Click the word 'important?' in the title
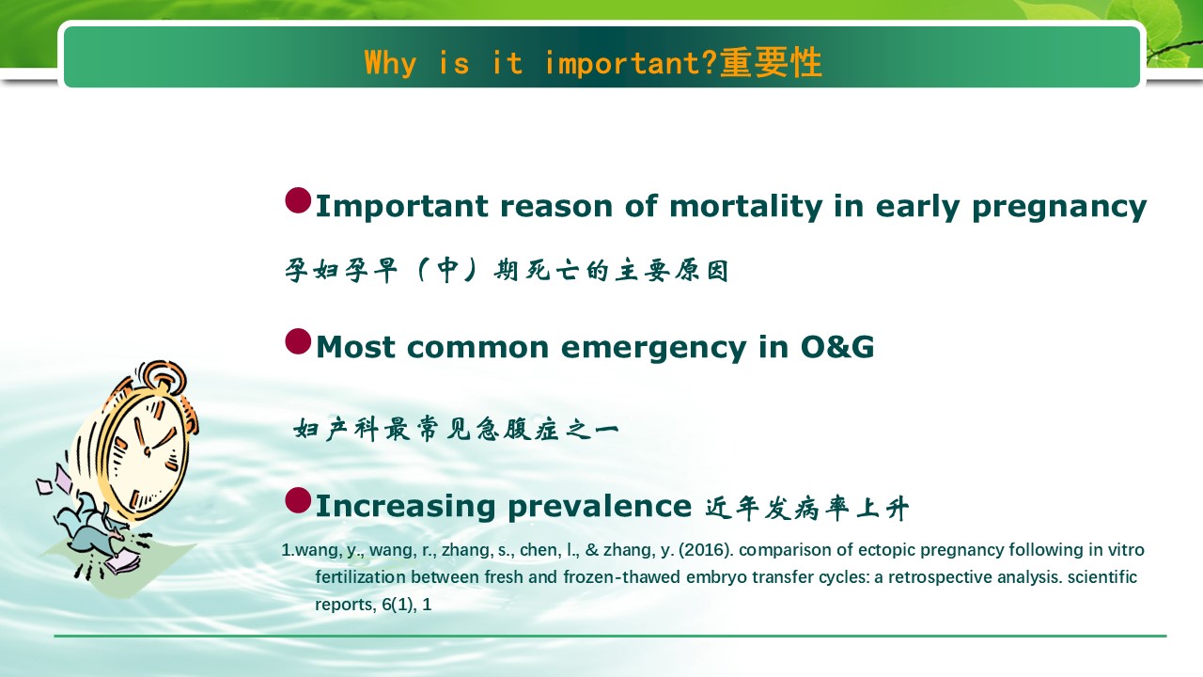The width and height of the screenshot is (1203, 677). coord(632,63)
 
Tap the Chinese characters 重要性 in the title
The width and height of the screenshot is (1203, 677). coord(771,62)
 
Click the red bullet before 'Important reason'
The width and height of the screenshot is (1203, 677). coord(298,200)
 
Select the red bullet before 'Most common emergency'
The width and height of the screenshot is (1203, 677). coord(298,341)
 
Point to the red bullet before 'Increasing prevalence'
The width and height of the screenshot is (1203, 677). coord(298,501)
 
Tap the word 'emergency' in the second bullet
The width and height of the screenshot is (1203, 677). coord(653,348)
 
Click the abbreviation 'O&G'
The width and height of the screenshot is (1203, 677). coord(836,347)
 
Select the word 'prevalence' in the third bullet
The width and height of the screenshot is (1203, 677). coord(600,507)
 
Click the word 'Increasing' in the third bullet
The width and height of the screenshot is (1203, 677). coord(405,507)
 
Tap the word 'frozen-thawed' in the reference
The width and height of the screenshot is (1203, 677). coord(622,577)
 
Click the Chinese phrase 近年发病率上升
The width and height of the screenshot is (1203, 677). coord(806,508)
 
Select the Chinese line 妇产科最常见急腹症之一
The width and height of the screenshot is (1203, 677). coord(457,429)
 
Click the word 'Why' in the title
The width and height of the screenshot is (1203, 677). coord(390,63)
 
